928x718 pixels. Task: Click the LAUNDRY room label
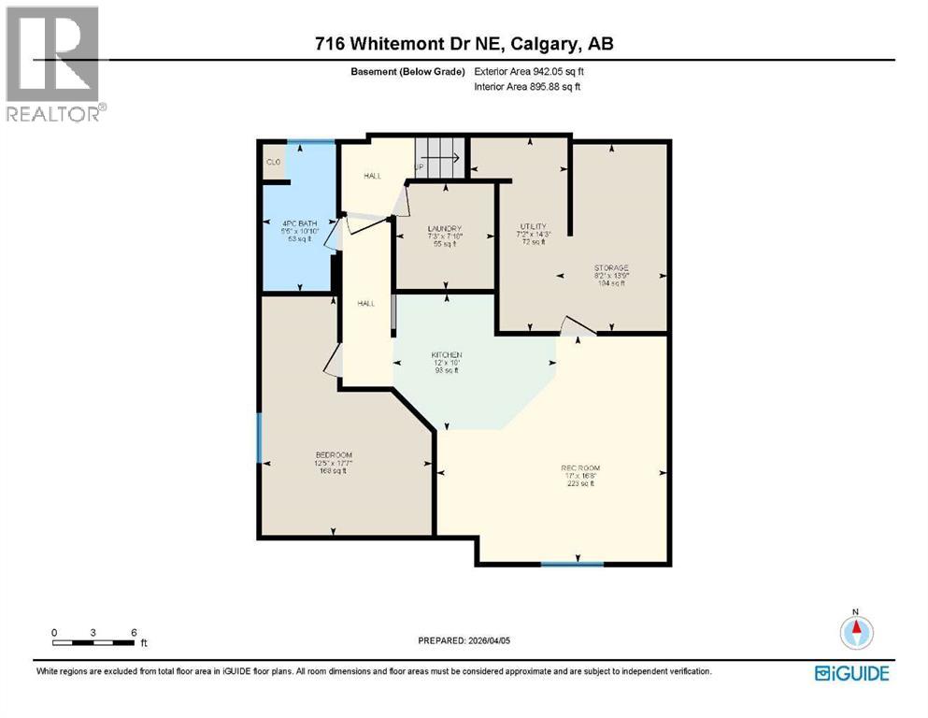point(444,229)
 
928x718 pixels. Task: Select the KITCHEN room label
point(446,355)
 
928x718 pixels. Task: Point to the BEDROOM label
point(334,455)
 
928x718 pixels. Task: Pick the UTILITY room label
point(533,227)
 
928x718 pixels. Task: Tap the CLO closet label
point(274,162)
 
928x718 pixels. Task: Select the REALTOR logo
point(55,65)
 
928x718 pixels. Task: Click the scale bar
point(93,641)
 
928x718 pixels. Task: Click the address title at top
point(464,44)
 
